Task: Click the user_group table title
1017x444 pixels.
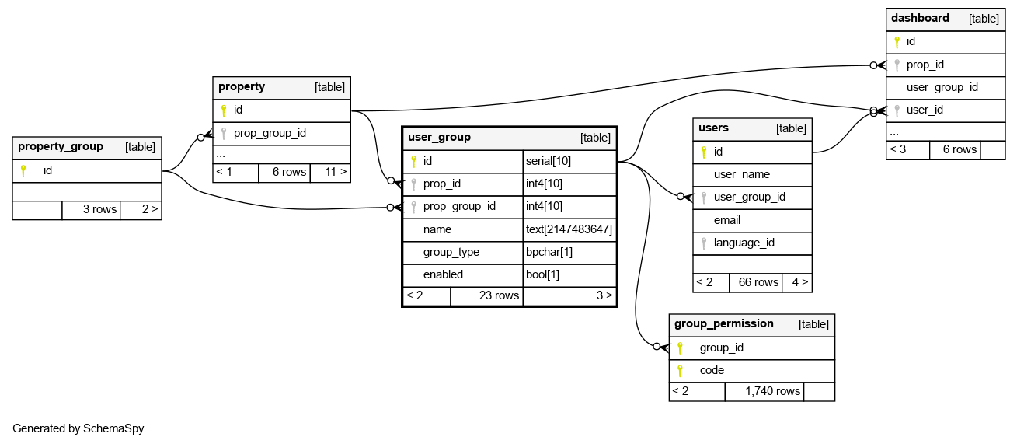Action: (439, 137)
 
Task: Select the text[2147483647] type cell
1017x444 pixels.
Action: (569, 229)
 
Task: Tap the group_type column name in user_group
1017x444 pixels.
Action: (451, 252)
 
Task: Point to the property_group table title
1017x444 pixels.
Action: (61, 146)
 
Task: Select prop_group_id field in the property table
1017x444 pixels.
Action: (270, 133)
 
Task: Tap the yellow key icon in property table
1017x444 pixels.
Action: (223, 110)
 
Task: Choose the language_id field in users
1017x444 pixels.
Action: (744, 243)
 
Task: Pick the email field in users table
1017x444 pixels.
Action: (726, 220)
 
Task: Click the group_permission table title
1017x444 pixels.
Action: (723, 323)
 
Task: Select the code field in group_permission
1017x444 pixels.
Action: (712, 370)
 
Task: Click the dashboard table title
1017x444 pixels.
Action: (920, 18)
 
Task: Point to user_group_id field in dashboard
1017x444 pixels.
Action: (942, 87)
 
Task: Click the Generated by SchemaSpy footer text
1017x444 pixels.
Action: (78, 428)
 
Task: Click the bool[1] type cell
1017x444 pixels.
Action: (543, 274)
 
